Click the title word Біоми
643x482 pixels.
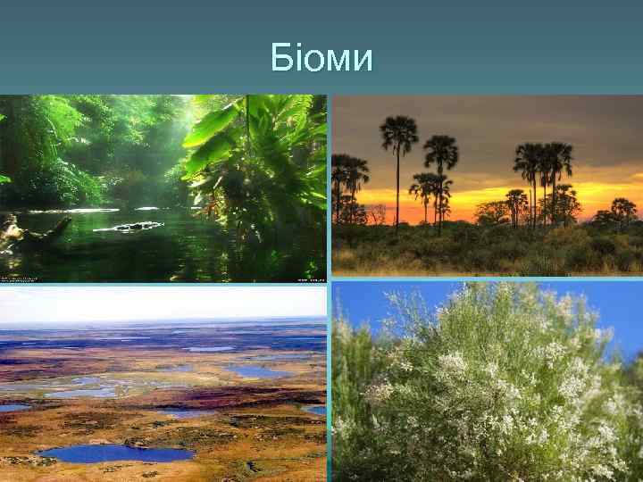click(x=321, y=59)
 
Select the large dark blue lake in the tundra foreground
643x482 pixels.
click(x=116, y=453)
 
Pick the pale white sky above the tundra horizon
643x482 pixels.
click(x=161, y=302)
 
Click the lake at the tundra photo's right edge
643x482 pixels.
click(x=314, y=410)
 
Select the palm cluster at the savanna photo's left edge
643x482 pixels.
click(x=348, y=174)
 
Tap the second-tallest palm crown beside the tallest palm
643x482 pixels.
click(x=440, y=152)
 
